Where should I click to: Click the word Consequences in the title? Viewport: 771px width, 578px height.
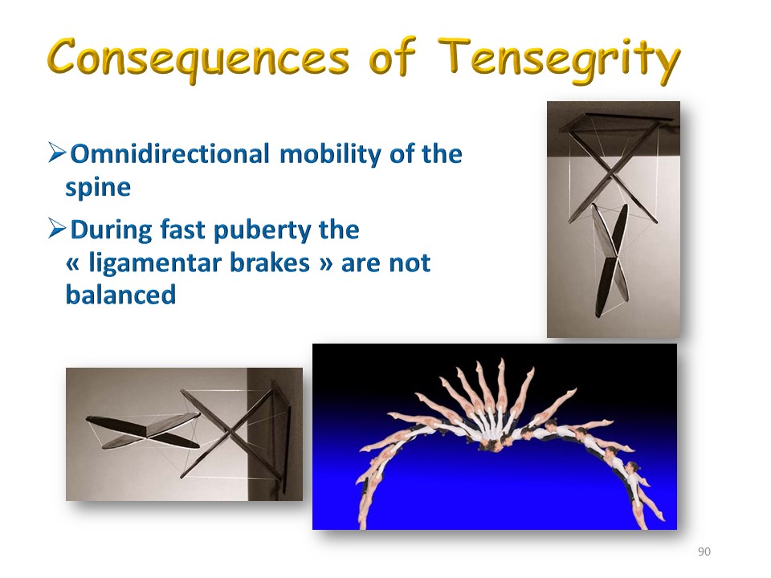(x=198, y=59)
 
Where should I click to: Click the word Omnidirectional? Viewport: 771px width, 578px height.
(x=170, y=153)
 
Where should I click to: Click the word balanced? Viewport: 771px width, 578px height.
(x=121, y=295)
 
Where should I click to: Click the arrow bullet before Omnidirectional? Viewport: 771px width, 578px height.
(x=57, y=153)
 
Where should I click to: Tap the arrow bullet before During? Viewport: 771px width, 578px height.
(x=57, y=229)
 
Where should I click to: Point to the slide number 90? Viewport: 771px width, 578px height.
(x=704, y=552)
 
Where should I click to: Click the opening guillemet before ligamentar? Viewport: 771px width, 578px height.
(x=72, y=264)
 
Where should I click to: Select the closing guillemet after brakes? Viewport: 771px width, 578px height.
(x=326, y=264)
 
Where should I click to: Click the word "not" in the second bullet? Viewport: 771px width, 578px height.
(x=410, y=263)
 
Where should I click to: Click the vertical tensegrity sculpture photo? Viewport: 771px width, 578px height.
(x=614, y=219)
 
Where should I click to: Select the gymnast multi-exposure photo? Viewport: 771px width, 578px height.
(x=495, y=437)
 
